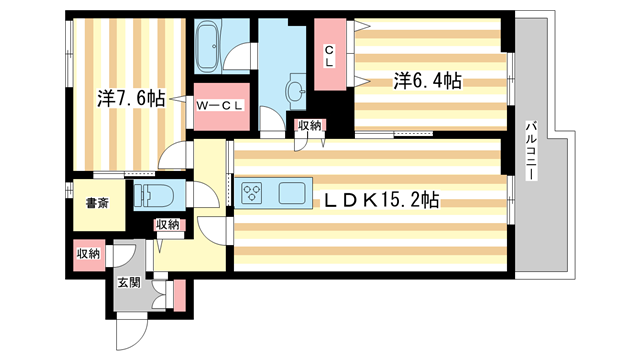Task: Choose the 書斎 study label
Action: [96, 204]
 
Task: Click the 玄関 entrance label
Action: [129, 281]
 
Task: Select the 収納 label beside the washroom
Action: [308, 125]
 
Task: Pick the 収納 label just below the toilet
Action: [167, 224]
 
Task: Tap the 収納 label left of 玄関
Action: [89, 254]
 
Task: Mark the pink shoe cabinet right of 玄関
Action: [179, 295]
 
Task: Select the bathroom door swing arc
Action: [238, 59]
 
